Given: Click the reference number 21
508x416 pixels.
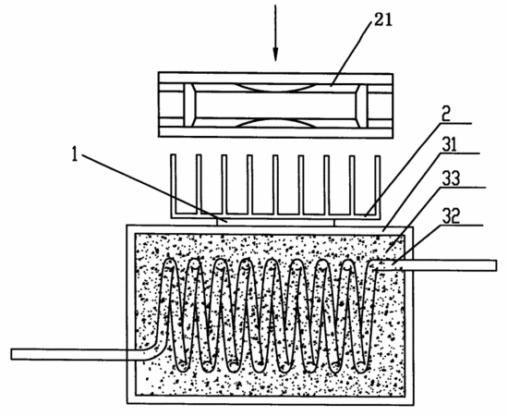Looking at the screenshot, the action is [x=383, y=20].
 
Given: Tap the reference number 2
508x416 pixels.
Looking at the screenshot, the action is [x=446, y=115].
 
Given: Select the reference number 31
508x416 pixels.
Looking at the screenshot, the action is [x=449, y=145].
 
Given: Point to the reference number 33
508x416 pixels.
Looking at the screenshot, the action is [x=451, y=178].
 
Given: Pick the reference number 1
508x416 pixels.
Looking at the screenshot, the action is [x=75, y=154].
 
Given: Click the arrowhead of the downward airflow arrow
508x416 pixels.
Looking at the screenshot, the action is [x=275, y=55].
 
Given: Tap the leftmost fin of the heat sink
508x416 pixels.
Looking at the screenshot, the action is [x=174, y=184].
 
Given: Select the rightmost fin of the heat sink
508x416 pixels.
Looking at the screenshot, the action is [x=377, y=185].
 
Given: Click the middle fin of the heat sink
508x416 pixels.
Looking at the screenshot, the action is [x=275, y=185].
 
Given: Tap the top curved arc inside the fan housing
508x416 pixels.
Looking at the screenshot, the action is [x=275, y=89].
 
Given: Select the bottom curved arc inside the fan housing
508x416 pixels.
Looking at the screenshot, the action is [x=275, y=122].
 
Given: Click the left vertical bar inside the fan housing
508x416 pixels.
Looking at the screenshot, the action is [x=189, y=105].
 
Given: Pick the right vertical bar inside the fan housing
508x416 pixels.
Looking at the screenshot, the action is [x=361, y=106].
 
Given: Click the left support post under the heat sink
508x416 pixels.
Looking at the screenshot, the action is [x=217, y=222].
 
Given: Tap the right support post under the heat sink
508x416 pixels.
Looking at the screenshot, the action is [x=334, y=223].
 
